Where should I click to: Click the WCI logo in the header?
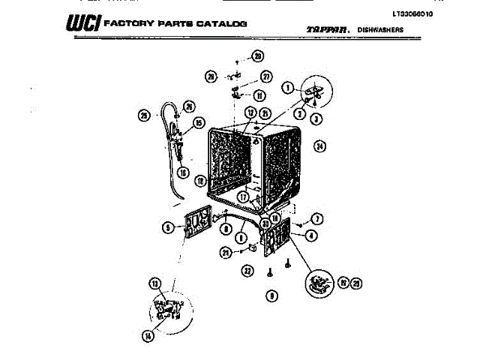click(81, 25)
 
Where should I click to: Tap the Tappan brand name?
click(326, 29)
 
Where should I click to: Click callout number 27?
click(265, 76)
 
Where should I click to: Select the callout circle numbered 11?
click(259, 96)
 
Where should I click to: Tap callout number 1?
click(287, 88)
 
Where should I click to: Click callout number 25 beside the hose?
click(144, 115)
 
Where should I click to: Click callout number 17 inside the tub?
click(244, 197)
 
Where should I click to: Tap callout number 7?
click(317, 219)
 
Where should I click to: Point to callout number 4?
click(311, 235)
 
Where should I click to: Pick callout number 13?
click(154, 283)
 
